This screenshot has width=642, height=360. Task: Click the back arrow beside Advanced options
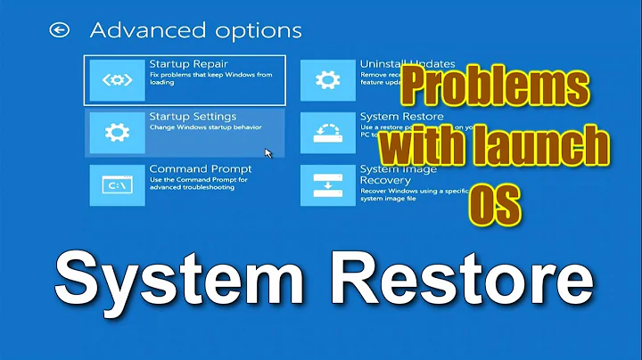60,30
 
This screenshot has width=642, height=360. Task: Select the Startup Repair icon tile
117,80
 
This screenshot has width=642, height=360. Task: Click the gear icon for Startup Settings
117,133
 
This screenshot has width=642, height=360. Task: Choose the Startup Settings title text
193,117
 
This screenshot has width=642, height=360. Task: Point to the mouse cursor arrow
268,152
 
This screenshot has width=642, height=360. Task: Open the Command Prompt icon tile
117,185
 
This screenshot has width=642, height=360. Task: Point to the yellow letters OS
494,201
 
